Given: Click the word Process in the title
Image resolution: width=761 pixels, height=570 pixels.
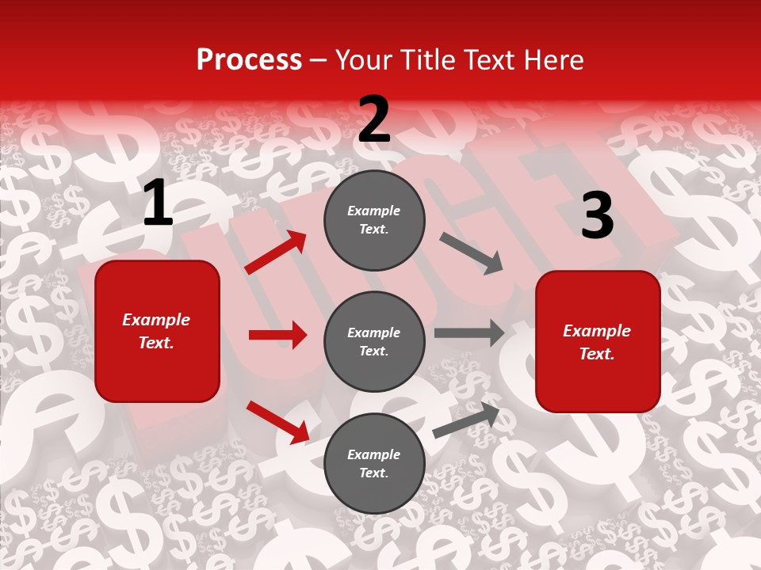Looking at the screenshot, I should click(x=249, y=60).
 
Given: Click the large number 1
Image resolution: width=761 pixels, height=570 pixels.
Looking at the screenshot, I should click(x=158, y=203).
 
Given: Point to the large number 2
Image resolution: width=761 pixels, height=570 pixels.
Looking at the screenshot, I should click(x=374, y=120).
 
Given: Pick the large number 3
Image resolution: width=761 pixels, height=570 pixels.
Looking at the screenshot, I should click(x=597, y=215).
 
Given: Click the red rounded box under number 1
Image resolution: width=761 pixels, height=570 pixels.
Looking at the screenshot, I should click(x=157, y=331).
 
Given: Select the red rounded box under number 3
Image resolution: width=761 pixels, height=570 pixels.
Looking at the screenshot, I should click(x=598, y=341).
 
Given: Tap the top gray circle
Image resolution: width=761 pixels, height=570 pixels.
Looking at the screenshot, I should click(x=374, y=220).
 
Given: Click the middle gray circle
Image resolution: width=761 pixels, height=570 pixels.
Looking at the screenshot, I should click(x=374, y=341).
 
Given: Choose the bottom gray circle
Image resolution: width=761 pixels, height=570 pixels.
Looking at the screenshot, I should click(x=374, y=463).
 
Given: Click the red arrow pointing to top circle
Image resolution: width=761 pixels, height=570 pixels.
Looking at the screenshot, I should click(x=276, y=253).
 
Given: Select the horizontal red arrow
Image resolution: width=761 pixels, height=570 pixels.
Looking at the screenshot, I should click(x=277, y=335).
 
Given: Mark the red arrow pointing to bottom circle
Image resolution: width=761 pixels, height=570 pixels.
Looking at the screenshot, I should click(x=277, y=422).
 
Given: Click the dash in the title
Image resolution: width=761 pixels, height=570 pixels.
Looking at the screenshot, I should click(x=318, y=61).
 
